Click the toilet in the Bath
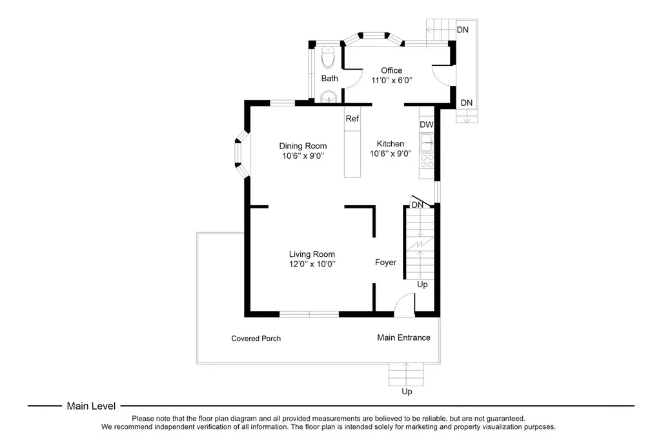click(x=328, y=57)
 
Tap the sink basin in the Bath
click(x=329, y=97)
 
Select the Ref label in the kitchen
click(x=352, y=119)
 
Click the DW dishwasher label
click(x=427, y=125)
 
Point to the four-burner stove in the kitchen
click(x=427, y=161)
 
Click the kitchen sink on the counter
click(x=427, y=142)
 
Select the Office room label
click(x=392, y=70)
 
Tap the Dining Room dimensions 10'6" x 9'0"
click(x=303, y=156)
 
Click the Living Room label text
click(x=312, y=254)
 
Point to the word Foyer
click(x=386, y=262)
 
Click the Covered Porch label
click(x=256, y=339)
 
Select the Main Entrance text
click(x=404, y=337)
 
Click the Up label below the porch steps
click(x=407, y=392)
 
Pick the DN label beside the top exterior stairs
click(x=463, y=30)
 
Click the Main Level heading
click(x=91, y=406)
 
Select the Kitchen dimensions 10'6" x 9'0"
click(x=391, y=154)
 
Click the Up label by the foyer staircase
click(x=422, y=285)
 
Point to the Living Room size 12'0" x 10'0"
click(x=312, y=265)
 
